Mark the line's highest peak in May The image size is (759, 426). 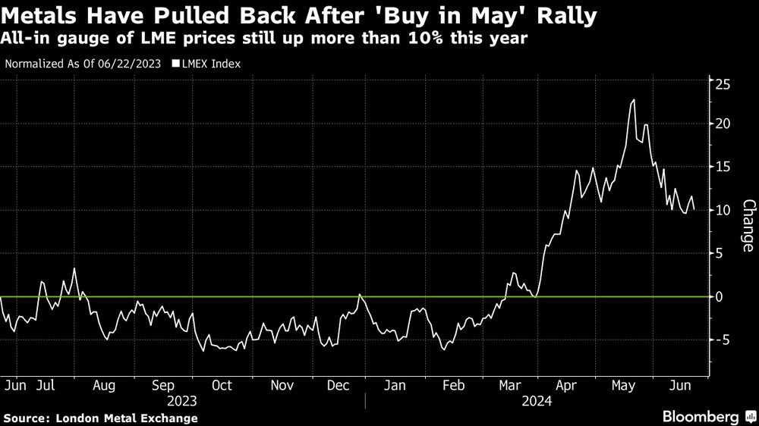coord(634,99)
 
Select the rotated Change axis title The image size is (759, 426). coord(748,226)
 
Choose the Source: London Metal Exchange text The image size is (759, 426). coord(100,418)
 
